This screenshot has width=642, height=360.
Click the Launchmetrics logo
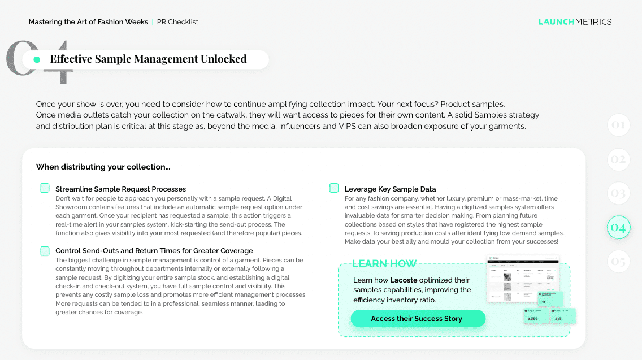click(575, 22)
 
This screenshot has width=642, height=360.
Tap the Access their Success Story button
click(418, 319)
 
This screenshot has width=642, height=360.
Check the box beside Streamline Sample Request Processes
click(45, 188)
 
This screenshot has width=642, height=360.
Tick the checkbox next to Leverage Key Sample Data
click(334, 188)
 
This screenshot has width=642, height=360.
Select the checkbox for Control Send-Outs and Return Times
click(45, 250)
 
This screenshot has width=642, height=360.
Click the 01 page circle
click(618, 125)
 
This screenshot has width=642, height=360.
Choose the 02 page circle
click(618, 159)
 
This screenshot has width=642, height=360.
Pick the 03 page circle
click(618, 194)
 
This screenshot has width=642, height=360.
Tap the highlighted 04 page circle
click(618, 228)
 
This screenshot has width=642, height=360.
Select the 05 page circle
click(618, 262)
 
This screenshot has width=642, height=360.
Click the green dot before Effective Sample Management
click(37, 59)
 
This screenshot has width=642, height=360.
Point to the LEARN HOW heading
click(384, 264)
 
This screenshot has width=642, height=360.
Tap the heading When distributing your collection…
click(103, 167)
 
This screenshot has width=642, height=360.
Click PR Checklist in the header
click(177, 22)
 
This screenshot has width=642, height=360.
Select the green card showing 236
click(563, 316)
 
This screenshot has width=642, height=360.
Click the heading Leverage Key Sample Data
click(390, 189)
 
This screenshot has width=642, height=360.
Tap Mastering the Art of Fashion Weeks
click(88, 22)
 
